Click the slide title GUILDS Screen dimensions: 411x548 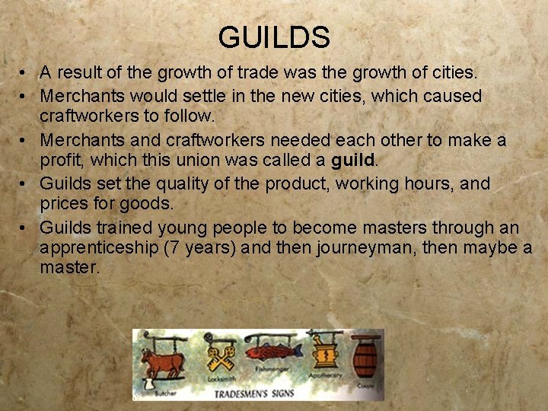click(274, 37)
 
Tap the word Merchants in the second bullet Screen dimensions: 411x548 click(79, 96)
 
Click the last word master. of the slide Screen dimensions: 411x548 click(70, 268)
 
